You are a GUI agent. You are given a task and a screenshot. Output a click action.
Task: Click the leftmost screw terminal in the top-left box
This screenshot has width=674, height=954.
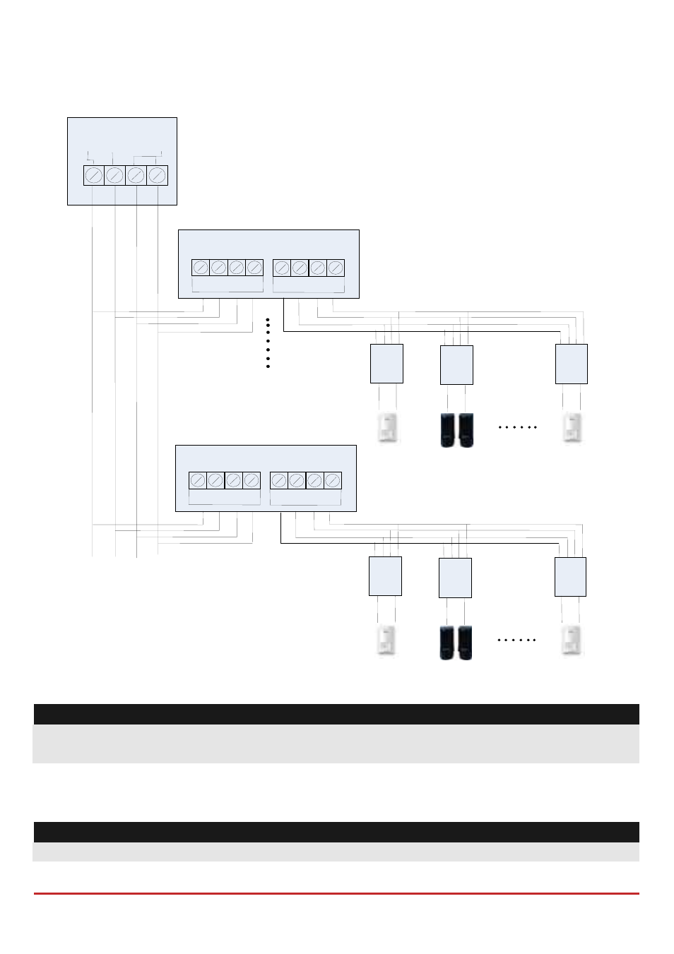tap(94, 175)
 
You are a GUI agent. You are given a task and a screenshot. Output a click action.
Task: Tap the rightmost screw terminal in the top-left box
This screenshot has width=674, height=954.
tap(157, 175)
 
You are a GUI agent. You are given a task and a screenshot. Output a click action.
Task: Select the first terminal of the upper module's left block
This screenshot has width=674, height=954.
tap(201, 268)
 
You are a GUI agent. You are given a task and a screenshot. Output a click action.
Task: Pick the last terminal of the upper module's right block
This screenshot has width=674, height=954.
tap(336, 268)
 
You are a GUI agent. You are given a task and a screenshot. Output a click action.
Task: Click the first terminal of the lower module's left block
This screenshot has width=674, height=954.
tap(198, 480)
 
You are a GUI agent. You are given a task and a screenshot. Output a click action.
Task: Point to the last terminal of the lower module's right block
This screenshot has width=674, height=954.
tap(333, 480)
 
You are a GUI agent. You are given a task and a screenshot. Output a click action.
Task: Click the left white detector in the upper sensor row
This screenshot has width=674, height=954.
tap(387, 428)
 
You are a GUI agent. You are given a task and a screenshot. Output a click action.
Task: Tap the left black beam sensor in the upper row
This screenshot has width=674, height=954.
tap(448, 430)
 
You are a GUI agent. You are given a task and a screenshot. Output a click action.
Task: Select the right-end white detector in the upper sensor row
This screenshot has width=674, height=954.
tap(572, 428)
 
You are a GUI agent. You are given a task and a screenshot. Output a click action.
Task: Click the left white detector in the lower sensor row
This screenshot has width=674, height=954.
tap(386, 640)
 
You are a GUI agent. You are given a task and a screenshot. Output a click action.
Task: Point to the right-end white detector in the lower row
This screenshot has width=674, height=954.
tap(571, 640)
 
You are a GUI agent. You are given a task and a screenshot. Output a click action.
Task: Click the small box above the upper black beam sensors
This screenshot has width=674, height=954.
tap(456, 365)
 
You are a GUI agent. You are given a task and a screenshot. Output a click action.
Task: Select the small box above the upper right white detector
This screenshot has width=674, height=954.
tap(572, 364)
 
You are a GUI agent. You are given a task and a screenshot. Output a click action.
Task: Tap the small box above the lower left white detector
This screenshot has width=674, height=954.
tap(385, 576)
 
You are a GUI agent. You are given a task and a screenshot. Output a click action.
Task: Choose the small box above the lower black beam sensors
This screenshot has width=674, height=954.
tap(455, 578)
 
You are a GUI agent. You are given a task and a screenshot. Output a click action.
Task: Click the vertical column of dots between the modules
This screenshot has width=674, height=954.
tap(268, 343)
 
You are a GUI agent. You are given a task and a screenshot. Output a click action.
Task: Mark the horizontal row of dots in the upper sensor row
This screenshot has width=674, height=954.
tap(518, 427)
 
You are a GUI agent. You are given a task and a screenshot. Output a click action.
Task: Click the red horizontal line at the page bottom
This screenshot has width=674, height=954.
tap(336, 893)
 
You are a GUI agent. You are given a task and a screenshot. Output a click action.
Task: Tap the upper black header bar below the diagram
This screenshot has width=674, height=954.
tap(336, 714)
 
